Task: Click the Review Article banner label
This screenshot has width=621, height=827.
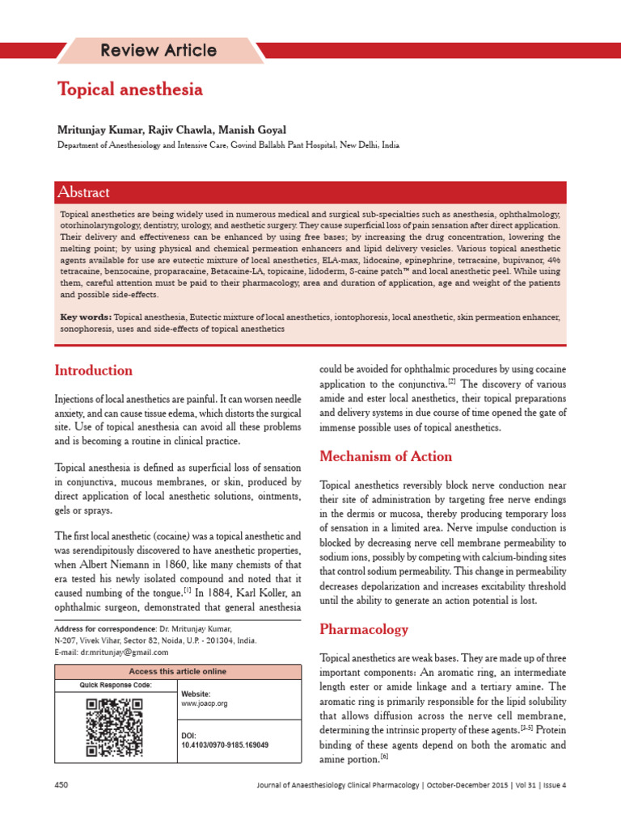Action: (158, 50)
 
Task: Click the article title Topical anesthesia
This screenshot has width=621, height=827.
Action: (129, 90)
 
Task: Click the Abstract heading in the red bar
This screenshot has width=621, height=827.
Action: (83, 192)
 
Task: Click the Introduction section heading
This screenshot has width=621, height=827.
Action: (93, 371)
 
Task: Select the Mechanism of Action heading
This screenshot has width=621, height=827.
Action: (386, 456)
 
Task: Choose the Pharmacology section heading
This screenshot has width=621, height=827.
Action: (364, 629)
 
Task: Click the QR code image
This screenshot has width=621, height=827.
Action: (114, 727)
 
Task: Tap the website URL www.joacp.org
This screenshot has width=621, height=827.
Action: (205, 703)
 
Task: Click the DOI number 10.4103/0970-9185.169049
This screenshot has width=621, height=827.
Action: (225, 745)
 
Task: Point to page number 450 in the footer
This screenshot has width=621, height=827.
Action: (61, 785)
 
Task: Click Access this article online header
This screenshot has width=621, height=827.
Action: (178, 671)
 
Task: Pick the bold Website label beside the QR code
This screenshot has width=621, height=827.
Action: (196, 694)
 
